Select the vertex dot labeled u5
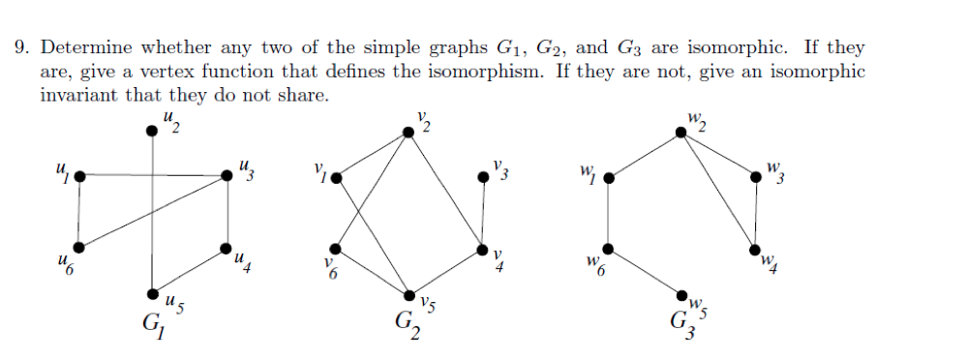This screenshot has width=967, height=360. click(x=152, y=293)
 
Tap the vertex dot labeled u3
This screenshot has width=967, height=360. click(x=227, y=175)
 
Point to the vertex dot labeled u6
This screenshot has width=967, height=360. click(x=78, y=246)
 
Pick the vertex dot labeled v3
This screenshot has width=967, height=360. click(x=483, y=177)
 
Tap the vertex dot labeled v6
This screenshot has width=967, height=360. click(x=335, y=248)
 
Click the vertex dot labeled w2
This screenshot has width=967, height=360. click(x=680, y=134)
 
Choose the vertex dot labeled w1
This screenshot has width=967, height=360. click(x=607, y=178)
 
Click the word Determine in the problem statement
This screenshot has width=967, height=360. click(x=87, y=47)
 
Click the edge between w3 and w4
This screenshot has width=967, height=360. click(x=756, y=213)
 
